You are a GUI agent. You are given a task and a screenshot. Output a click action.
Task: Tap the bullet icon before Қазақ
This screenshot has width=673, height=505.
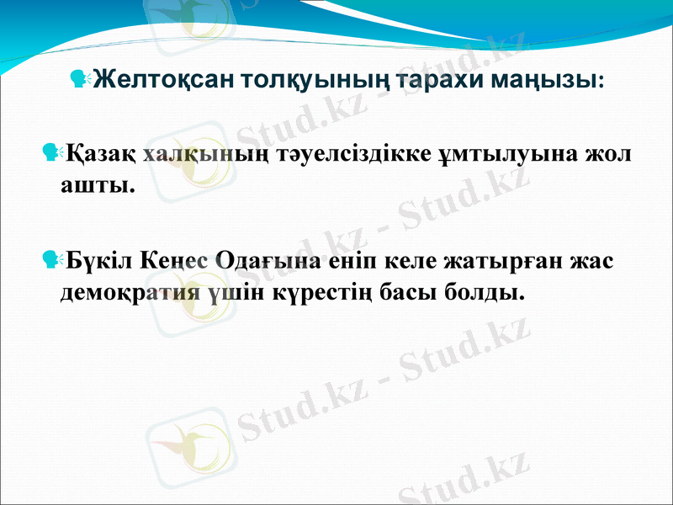[53, 154]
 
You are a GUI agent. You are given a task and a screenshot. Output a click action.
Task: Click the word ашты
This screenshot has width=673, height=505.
[97, 184]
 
